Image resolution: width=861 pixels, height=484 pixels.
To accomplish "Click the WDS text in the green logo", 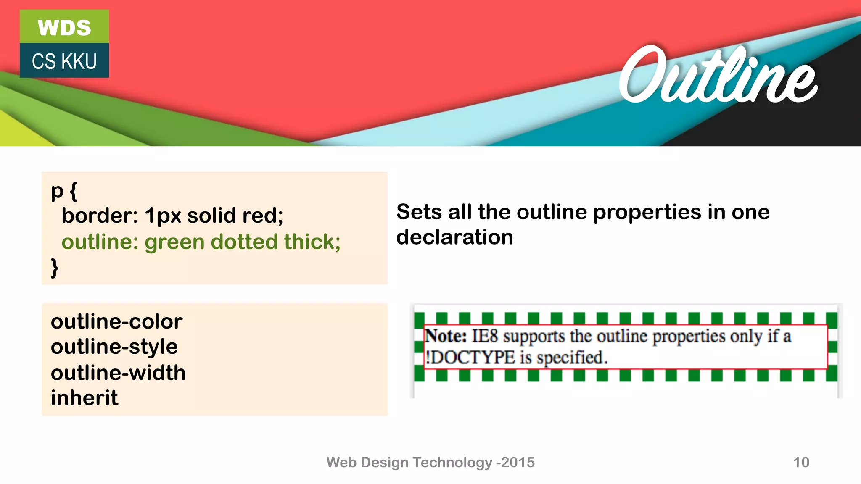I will click(x=64, y=28).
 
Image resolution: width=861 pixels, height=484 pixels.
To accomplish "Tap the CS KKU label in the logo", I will click(x=64, y=61).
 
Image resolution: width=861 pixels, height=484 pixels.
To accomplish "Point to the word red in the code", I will click(x=262, y=216).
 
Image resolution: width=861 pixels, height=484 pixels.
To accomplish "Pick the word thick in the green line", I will click(x=312, y=242).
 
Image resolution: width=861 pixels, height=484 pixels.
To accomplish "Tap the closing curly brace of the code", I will click(x=55, y=268).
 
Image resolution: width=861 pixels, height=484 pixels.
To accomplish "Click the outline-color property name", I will click(x=116, y=322).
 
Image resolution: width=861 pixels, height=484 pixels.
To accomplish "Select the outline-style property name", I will click(x=114, y=347).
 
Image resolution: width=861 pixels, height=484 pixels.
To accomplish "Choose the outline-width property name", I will click(x=118, y=373).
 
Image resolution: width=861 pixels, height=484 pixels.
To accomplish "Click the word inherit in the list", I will click(x=85, y=398).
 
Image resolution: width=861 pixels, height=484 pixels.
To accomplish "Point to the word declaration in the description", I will click(x=454, y=237).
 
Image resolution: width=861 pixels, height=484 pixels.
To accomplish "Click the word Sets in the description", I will click(x=419, y=212).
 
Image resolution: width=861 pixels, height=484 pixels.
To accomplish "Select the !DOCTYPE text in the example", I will click(x=470, y=358).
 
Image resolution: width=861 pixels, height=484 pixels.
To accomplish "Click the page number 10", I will click(x=801, y=462).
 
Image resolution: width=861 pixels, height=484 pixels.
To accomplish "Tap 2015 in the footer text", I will click(x=518, y=462).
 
